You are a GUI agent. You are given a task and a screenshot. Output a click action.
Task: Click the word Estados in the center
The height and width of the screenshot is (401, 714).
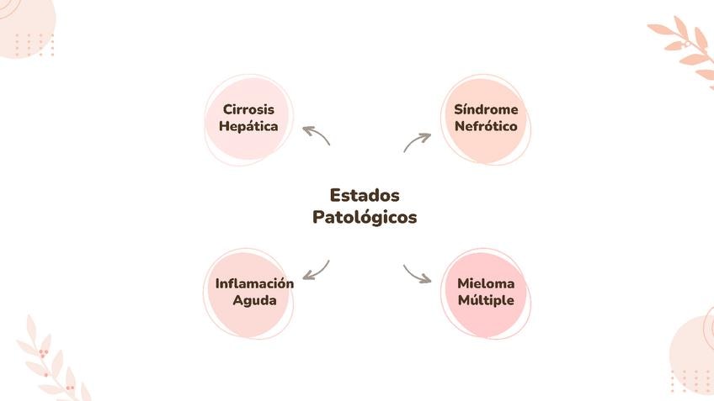point(365,195)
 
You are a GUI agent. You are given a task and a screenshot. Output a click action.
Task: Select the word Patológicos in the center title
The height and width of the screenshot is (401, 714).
point(365,217)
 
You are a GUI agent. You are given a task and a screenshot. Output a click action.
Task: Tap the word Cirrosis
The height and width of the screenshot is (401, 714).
point(248,109)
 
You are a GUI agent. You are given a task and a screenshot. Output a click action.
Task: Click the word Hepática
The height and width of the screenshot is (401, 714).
point(248,127)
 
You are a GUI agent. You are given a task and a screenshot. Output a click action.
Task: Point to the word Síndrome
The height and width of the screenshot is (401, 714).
point(486,109)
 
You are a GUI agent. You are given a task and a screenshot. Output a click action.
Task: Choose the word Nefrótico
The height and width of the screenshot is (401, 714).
point(486,127)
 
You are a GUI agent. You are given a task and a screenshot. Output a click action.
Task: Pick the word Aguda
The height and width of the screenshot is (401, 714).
point(254,300)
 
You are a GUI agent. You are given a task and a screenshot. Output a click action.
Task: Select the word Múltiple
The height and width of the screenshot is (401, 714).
point(486,300)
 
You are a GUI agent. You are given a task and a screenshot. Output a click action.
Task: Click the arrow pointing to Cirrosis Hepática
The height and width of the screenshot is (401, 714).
point(316,135)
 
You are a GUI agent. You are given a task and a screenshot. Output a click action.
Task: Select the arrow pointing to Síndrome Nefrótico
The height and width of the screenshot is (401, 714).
point(417,141)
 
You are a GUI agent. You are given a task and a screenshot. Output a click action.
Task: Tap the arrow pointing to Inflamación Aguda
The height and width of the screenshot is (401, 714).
point(316,270)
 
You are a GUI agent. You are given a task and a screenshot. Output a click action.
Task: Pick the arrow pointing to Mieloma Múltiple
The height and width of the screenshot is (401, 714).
point(417,274)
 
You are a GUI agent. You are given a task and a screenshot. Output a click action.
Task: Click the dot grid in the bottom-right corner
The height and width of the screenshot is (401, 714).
point(690,380)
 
